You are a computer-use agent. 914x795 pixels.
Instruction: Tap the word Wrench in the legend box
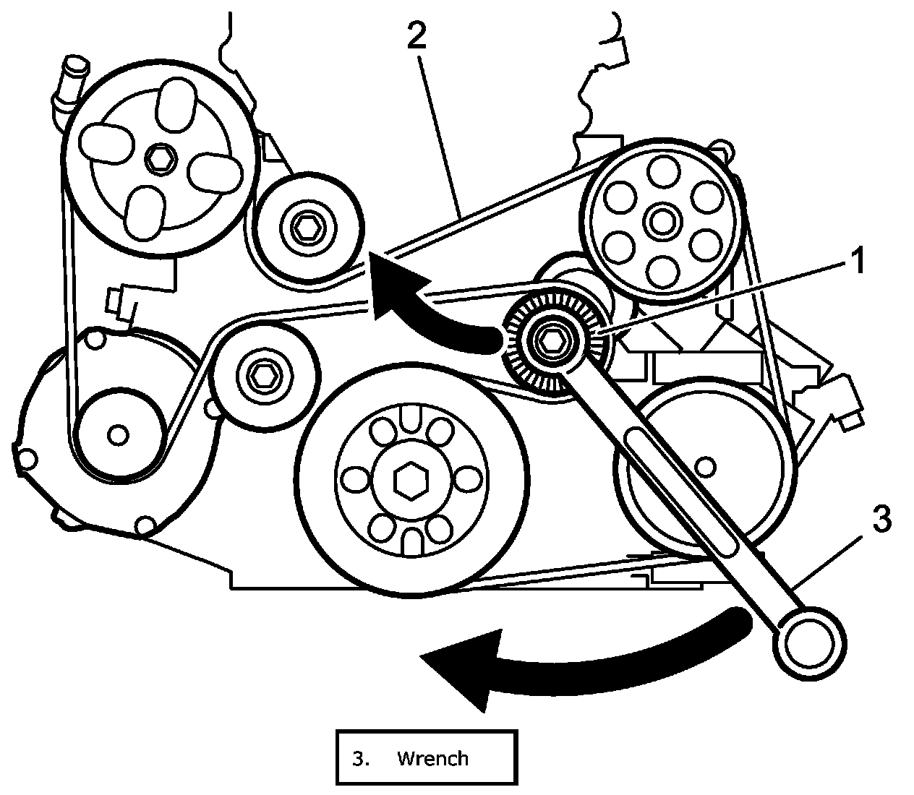click(x=432, y=758)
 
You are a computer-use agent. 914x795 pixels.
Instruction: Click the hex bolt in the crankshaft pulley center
click(x=410, y=481)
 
